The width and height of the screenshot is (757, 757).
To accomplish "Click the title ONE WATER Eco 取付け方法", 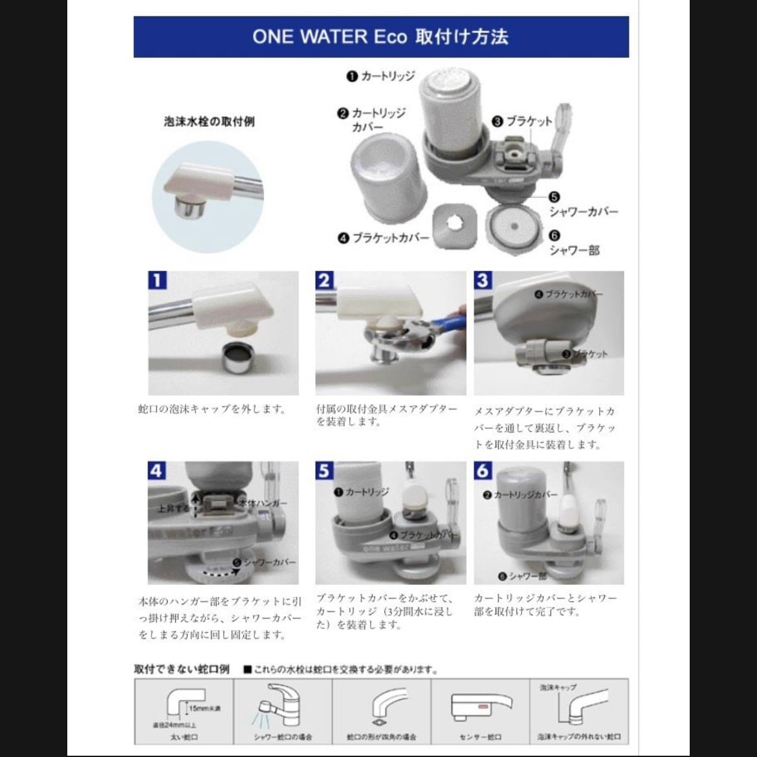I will [x=380, y=36].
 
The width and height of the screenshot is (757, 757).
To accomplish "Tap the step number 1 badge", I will [x=157, y=280].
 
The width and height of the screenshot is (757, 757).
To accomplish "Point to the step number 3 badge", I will [x=483, y=280].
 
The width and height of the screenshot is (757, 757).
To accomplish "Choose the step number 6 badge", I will [x=483, y=470].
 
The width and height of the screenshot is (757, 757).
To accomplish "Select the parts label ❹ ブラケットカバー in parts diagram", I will [x=383, y=237].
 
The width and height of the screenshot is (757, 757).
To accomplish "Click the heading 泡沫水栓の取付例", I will [x=209, y=122].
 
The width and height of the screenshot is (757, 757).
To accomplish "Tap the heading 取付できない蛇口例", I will [x=182, y=669].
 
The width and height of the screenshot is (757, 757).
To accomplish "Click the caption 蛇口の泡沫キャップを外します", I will [x=212, y=409].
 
